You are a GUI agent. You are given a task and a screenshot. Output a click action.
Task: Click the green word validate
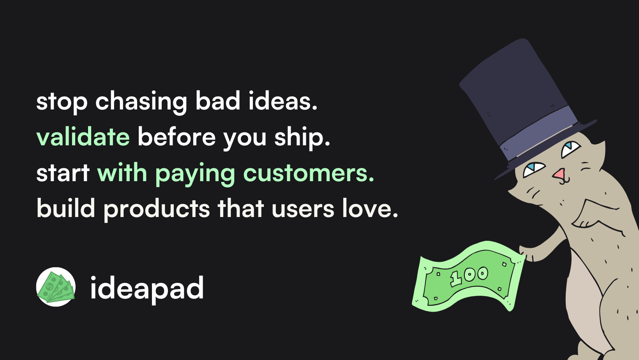[83, 137]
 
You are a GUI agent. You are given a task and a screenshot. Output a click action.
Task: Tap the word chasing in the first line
[141, 101]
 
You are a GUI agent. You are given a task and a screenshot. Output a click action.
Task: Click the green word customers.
[309, 173]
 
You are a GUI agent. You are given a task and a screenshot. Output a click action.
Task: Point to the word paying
[195, 174]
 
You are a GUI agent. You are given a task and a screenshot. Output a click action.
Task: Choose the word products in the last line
[157, 209]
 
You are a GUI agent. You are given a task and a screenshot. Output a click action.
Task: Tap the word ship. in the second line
[302, 138]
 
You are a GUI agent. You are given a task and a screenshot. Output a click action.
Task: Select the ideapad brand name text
[147, 288]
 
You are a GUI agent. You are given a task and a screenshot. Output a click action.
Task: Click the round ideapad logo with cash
[56, 287]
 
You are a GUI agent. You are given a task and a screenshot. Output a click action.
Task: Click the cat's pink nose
[559, 174]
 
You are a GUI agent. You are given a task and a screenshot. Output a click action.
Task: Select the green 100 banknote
[468, 277]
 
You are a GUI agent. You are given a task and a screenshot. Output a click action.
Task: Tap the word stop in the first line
[62, 101]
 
